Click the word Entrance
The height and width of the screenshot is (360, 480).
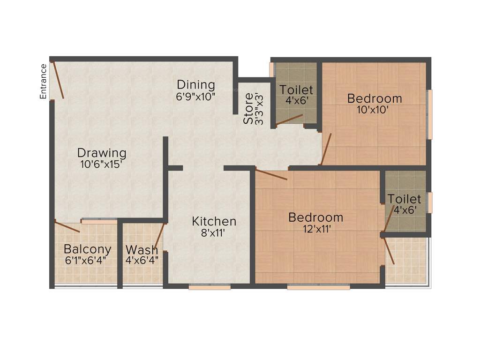point(43,81)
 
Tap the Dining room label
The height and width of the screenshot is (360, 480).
point(196,85)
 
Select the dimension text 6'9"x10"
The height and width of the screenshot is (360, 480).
point(196,96)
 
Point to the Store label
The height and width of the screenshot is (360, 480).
point(248,109)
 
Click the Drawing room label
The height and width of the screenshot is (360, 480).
point(102,153)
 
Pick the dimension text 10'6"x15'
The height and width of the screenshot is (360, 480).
point(102,164)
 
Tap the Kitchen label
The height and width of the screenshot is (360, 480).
point(214,221)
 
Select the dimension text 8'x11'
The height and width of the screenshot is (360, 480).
point(214,232)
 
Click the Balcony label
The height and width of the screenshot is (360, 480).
point(88,249)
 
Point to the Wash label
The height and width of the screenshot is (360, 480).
point(142,249)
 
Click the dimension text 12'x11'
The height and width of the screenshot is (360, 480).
point(315,229)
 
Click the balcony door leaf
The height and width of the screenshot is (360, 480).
point(67,227)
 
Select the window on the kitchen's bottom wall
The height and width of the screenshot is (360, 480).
point(210,287)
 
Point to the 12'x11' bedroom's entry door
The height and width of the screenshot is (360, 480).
point(271,174)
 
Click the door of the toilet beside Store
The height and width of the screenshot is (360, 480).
point(290,120)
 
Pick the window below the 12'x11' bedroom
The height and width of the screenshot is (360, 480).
point(318,287)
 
